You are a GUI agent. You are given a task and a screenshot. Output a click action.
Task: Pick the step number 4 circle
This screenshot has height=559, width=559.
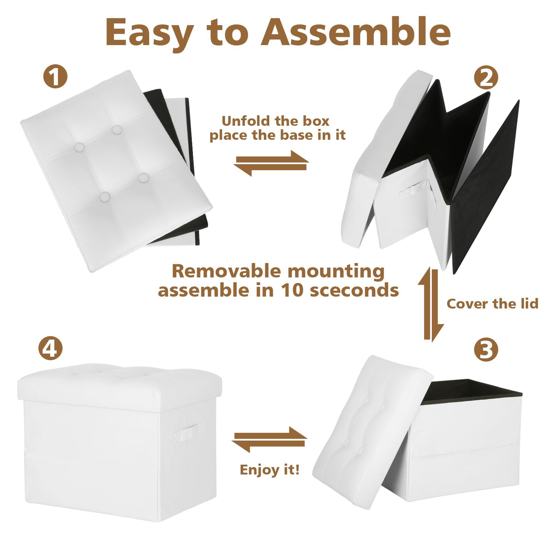coord(50,348)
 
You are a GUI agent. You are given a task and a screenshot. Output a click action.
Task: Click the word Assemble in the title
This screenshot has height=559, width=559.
coord(356,32)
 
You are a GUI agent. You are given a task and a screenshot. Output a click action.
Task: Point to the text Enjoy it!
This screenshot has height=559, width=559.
coord(270,470)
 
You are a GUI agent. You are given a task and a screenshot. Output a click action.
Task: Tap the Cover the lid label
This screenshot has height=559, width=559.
coord(492,304)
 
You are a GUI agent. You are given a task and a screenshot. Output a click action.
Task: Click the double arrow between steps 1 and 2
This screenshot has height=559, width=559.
coord(271,163)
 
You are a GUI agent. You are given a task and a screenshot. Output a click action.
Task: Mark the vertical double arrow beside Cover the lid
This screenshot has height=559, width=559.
coord(431,304)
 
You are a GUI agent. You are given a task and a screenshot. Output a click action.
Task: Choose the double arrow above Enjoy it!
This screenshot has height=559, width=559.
coord(269,439)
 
